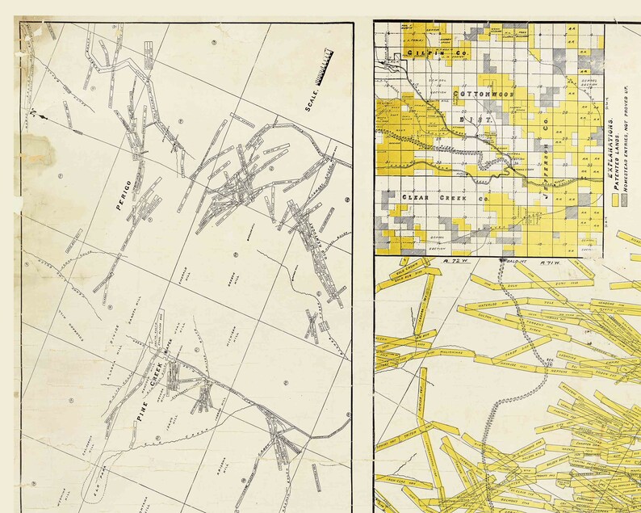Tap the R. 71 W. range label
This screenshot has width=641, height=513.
(536, 262)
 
